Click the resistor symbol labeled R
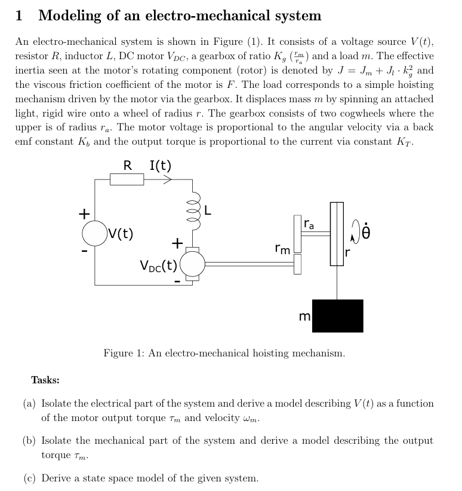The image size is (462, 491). click(127, 179)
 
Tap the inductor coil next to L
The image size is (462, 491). click(192, 211)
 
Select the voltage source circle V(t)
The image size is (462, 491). click(95, 233)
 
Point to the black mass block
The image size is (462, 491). click(337, 316)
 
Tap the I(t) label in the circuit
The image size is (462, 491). click(161, 165)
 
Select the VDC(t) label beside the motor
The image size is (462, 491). click(158, 265)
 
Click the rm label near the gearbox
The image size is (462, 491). click(282, 248)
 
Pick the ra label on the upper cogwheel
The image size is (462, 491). click(309, 225)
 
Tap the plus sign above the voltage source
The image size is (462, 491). click(85, 213)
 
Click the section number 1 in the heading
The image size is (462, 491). click(19, 16)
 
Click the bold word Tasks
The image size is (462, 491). click(45, 380)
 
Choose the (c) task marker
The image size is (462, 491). click(29, 478)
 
